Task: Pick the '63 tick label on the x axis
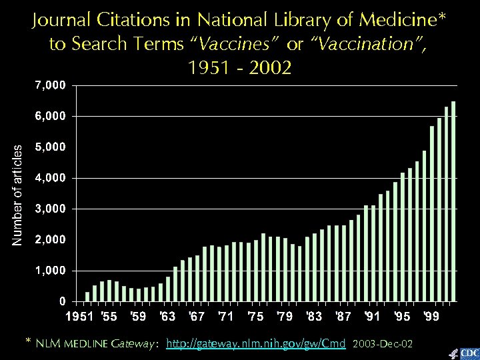[168, 315]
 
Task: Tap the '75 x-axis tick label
[255, 315]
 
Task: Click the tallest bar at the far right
[453, 200]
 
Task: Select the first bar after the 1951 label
[87, 296]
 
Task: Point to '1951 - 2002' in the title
[240, 68]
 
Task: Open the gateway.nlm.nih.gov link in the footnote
[255, 344]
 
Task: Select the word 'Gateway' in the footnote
[135, 344]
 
